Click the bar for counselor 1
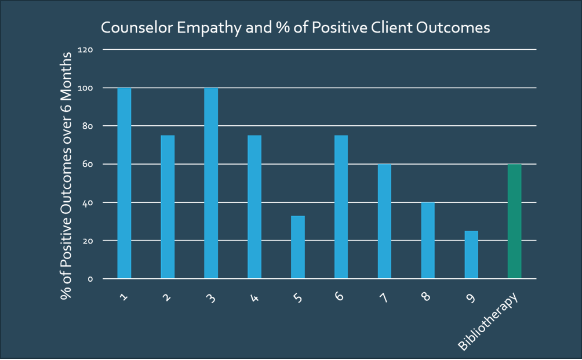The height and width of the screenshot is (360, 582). (x=124, y=183)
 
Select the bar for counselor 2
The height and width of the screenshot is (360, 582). (x=168, y=207)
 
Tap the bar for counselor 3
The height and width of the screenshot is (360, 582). (x=211, y=183)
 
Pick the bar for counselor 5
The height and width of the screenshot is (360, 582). (x=298, y=247)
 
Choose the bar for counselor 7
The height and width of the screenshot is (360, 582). (x=384, y=221)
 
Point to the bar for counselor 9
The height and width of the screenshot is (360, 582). (x=471, y=254)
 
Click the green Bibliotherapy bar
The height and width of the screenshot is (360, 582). (x=515, y=221)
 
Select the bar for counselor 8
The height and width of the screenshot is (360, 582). (x=428, y=241)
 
